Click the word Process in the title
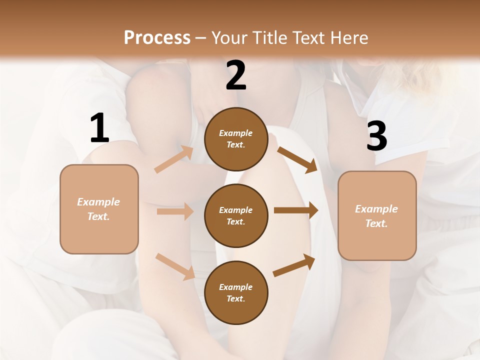click(x=157, y=38)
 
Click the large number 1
click(x=99, y=128)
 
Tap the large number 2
click(x=236, y=75)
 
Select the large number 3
click(x=376, y=136)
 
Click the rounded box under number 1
click(x=99, y=209)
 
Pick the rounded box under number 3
click(x=377, y=215)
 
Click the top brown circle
click(x=236, y=139)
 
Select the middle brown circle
click(x=236, y=215)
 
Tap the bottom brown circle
click(x=236, y=292)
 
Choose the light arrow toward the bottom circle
click(x=175, y=266)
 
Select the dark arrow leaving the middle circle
click(x=296, y=210)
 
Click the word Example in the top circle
click(x=236, y=133)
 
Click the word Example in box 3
click(x=376, y=209)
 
